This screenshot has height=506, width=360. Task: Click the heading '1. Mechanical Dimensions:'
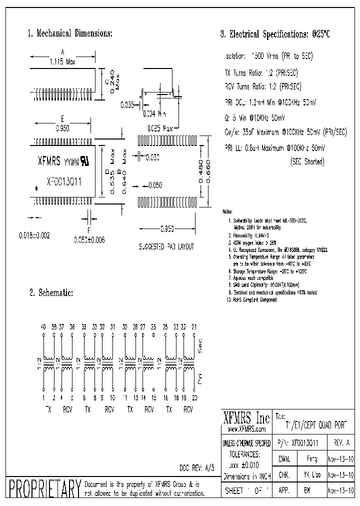69,33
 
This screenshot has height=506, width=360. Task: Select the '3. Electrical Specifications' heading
275,34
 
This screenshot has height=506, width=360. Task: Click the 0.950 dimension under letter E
63,128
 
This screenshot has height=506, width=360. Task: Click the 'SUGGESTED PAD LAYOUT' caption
166,246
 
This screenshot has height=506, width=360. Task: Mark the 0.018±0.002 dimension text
34,234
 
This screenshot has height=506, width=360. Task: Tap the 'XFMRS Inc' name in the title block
245,418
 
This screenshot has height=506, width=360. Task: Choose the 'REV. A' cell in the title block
341,442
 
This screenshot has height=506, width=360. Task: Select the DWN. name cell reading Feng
311,458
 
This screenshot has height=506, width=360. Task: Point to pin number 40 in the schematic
43,326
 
